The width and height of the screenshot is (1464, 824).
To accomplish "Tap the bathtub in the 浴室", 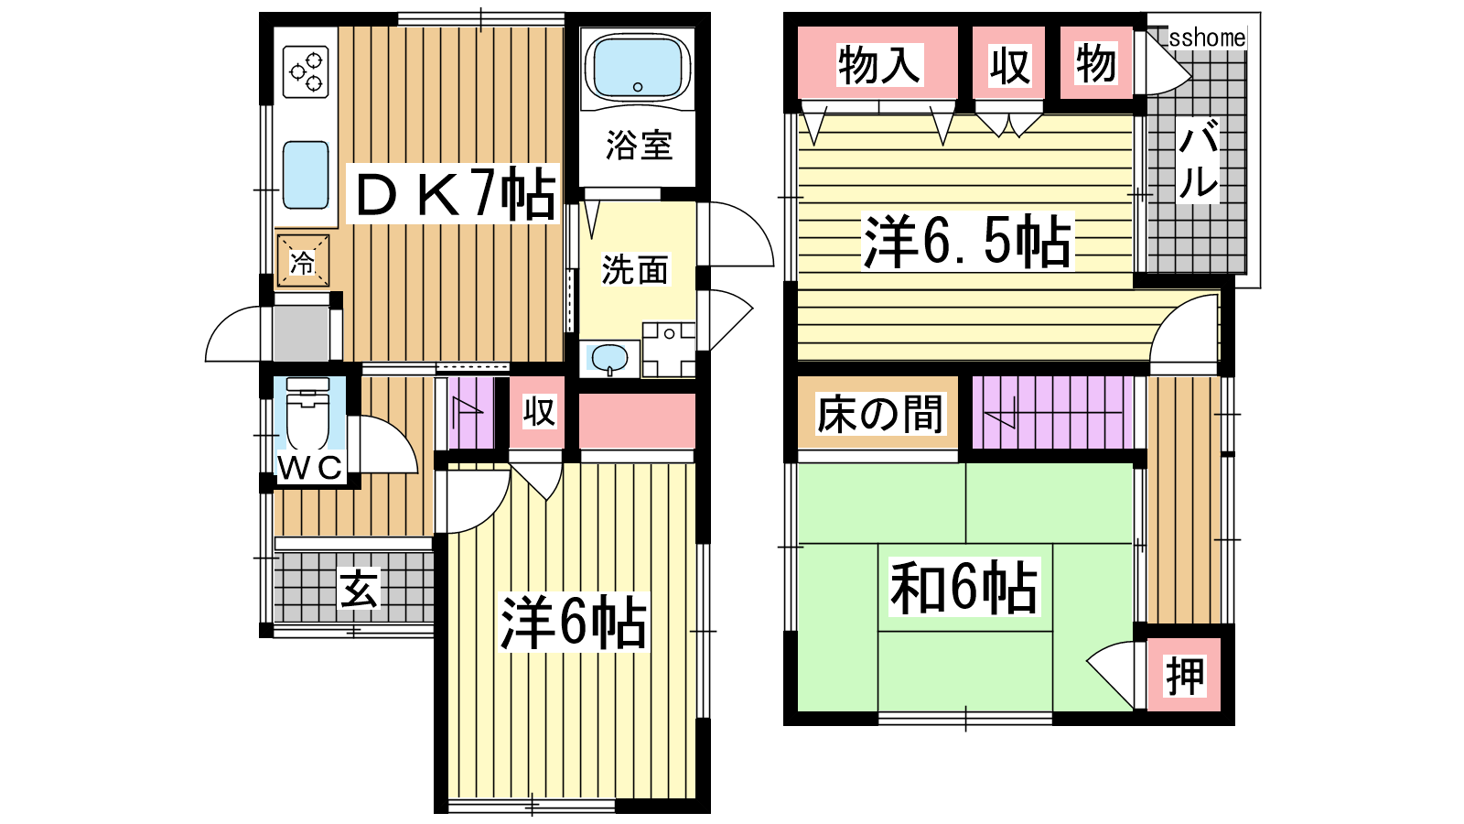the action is tap(637, 66).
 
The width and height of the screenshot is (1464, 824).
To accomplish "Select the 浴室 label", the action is tap(639, 146).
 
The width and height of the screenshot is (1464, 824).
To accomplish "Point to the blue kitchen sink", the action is tap(306, 175).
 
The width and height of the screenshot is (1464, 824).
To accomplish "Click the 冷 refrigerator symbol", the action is tap(303, 262).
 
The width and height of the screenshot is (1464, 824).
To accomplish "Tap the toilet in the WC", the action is tap(307, 416).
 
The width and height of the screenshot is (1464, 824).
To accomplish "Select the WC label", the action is tap(310, 468).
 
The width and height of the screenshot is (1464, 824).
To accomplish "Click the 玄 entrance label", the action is tap(358, 589).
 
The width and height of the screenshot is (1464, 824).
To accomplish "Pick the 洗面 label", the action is tap(635, 269).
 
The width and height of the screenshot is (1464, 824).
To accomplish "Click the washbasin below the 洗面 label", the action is tap(609, 358).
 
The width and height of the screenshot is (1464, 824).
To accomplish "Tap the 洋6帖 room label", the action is tap(573, 622).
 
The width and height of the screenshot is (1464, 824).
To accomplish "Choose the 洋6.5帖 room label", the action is tap(967, 241).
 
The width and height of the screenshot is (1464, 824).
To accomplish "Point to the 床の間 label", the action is tap(879, 414).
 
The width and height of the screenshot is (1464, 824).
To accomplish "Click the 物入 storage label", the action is tap(879, 65).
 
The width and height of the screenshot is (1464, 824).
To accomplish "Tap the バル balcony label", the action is tap(1199, 160).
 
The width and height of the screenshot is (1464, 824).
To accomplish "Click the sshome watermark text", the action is tap(1207, 38).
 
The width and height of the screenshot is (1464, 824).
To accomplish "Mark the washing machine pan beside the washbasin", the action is tap(669, 349).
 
